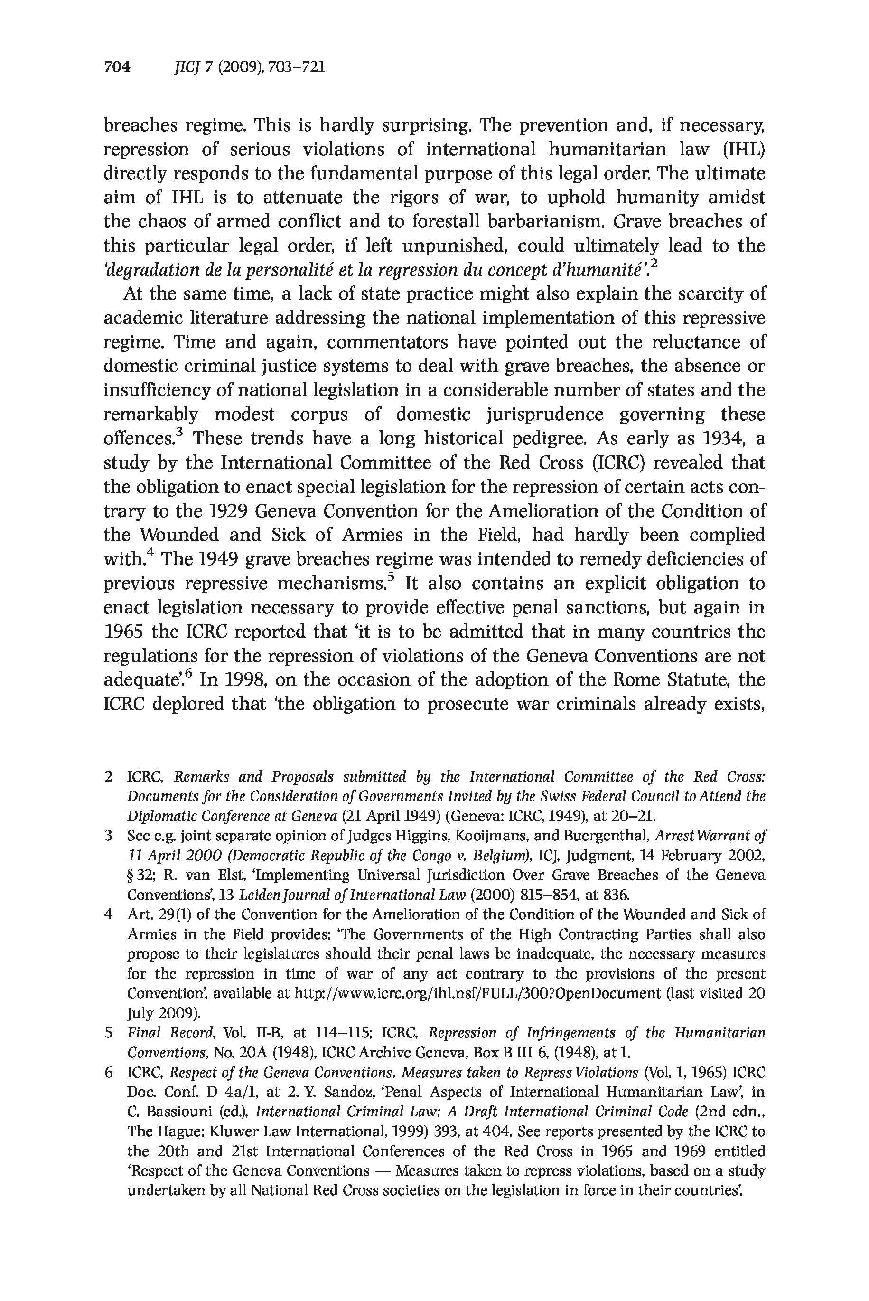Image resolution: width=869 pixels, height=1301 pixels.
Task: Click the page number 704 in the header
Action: click(117, 67)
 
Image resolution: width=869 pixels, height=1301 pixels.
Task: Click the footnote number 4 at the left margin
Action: click(109, 914)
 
